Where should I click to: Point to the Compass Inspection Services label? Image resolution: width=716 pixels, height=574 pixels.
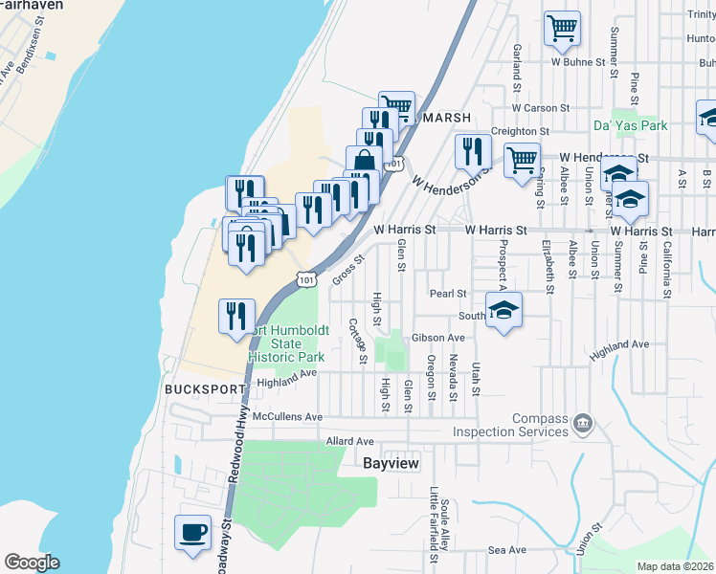(x=541, y=425)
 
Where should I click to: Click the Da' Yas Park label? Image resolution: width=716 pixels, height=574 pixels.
(x=630, y=125)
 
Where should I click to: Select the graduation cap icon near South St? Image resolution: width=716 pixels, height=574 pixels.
(x=503, y=310)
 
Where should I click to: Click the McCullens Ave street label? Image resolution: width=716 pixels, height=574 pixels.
(x=288, y=417)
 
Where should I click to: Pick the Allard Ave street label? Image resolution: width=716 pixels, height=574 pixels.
(x=349, y=441)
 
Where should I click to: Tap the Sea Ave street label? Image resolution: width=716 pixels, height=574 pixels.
(x=506, y=550)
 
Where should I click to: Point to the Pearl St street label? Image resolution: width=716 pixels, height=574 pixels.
(x=447, y=294)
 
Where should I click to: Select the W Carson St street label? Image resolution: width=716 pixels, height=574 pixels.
(x=540, y=108)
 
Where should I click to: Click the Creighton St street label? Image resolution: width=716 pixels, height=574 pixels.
(x=520, y=131)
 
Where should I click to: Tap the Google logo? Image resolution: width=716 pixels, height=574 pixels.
(x=32, y=563)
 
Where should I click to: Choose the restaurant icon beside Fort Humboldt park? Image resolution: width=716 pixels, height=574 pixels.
(x=235, y=316)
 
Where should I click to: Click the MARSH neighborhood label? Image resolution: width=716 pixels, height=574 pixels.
(x=446, y=118)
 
